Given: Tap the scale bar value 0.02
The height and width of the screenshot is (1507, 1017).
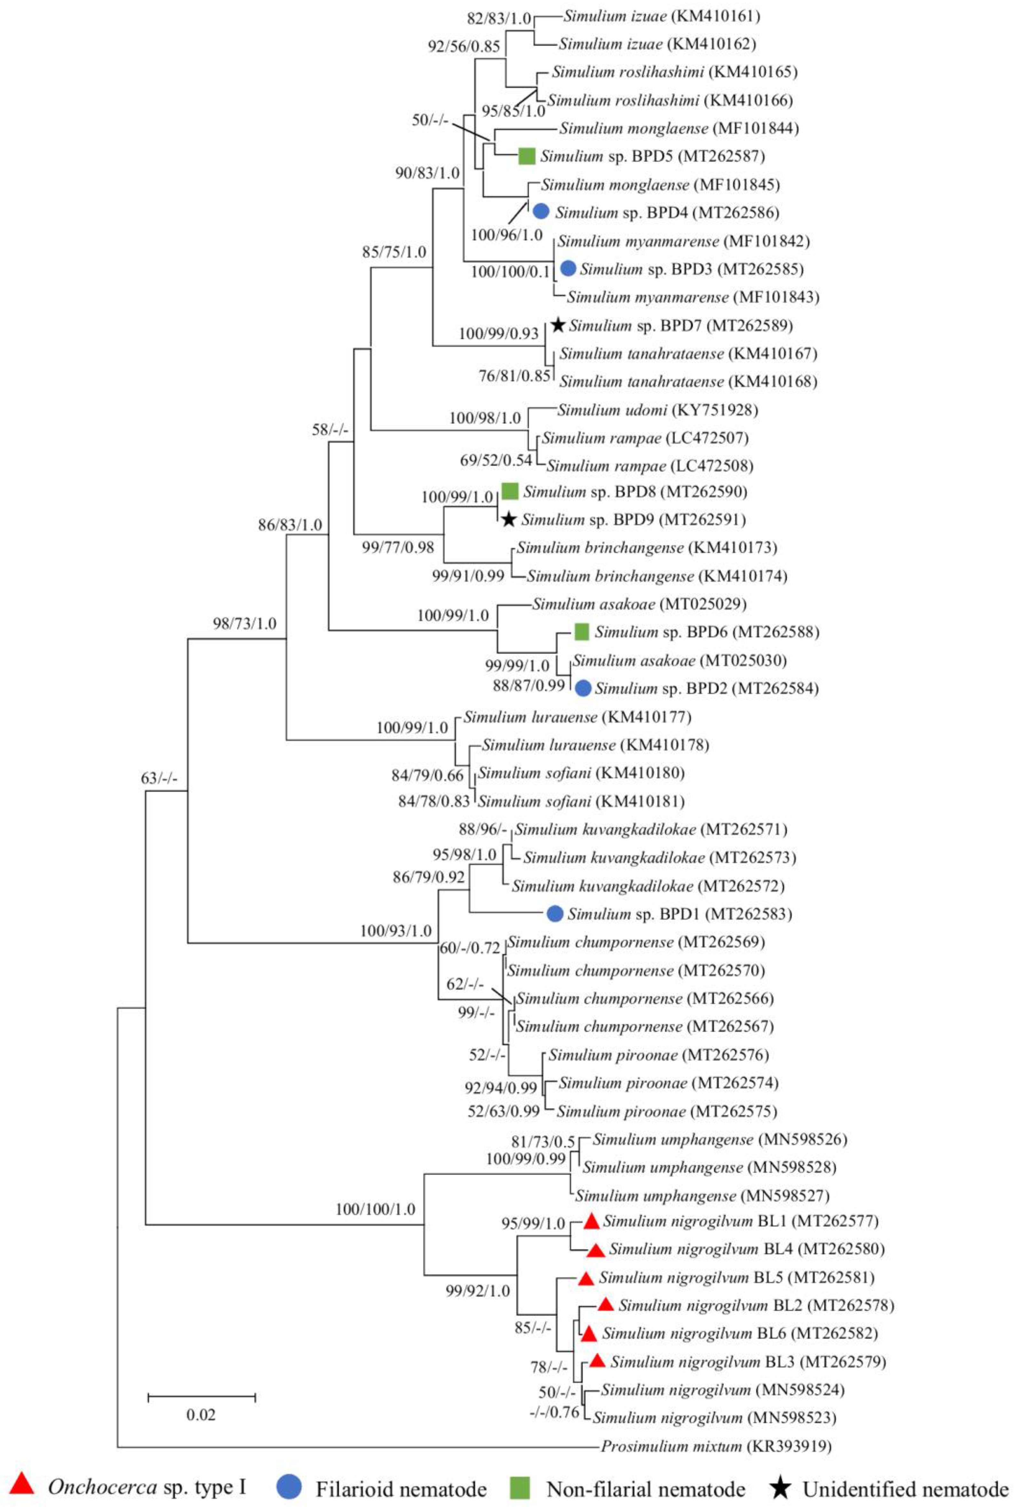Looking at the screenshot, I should (201, 1414).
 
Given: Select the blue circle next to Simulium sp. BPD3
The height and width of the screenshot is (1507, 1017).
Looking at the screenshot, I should (569, 268).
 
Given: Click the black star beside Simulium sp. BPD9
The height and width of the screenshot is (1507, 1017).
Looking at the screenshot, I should (509, 519).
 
